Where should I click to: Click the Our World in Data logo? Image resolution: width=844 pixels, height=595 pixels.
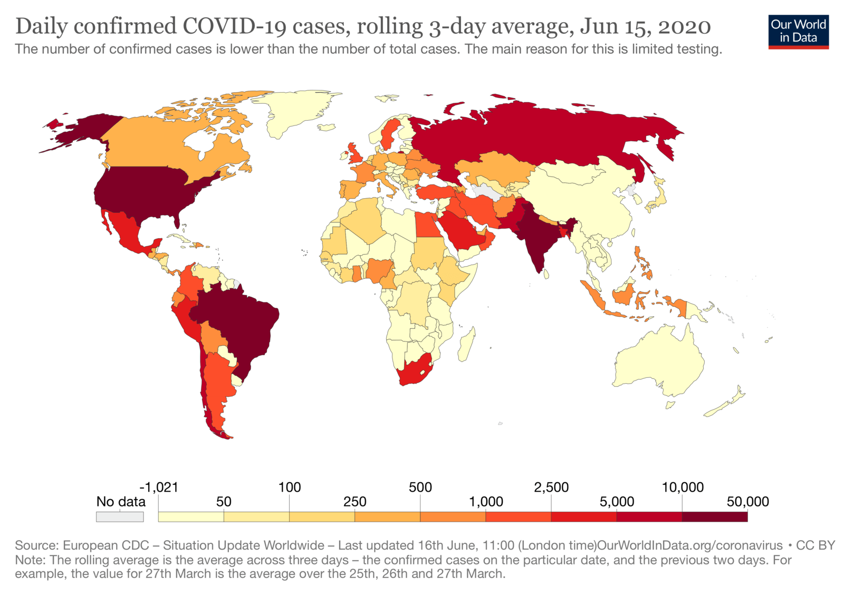tap(798, 32)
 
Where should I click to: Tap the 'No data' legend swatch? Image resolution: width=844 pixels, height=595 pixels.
tap(120, 517)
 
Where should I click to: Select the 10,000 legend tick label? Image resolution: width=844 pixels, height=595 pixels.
tap(683, 487)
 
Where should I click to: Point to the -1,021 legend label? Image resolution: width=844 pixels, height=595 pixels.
tap(159, 487)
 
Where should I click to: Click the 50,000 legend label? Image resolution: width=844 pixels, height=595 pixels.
tap(747, 502)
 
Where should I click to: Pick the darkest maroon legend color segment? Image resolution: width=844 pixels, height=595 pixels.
tap(715, 517)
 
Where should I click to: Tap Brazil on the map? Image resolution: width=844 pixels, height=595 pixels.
tap(237, 327)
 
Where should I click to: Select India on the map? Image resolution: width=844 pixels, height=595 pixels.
tap(535, 237)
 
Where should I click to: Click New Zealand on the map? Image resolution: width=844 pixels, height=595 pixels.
tap(728, 403)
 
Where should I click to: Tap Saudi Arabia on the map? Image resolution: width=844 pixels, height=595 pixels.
tap(464, 232)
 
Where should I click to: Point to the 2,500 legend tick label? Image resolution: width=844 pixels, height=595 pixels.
tap(551, 487)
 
